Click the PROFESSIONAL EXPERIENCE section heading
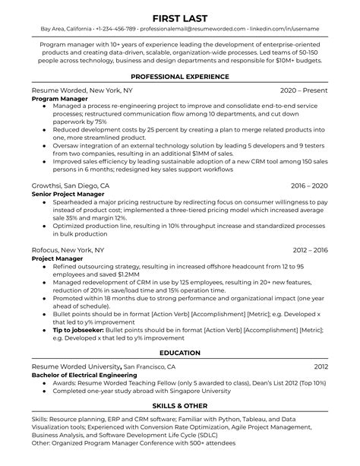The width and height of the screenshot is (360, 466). pyautogui.click(x=180, y=77)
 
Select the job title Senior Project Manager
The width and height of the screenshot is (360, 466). pyautogui.click(x=68, y=193)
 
